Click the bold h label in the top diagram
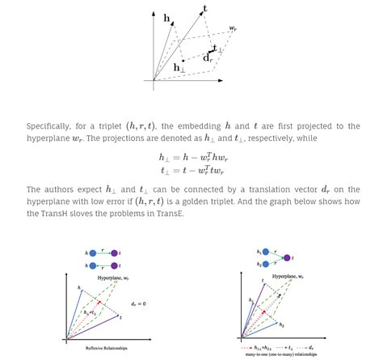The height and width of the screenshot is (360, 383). pyautogui.click(x=166, y=17)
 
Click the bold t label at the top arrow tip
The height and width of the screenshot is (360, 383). pyautogui.click(x=204, y=9)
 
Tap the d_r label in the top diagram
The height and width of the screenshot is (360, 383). pyautogui.click(x=208, y=57)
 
